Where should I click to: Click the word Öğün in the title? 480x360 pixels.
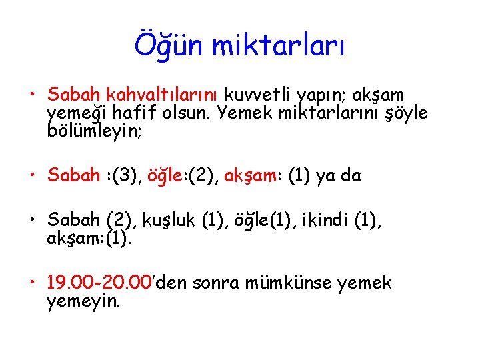tap(170, 46)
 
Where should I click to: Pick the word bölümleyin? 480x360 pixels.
tap(94, 131)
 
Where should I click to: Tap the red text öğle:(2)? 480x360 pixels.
tap(183, 175)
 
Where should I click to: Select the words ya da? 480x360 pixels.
tap(343, 175)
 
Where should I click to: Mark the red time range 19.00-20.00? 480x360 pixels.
tap(101, 283)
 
